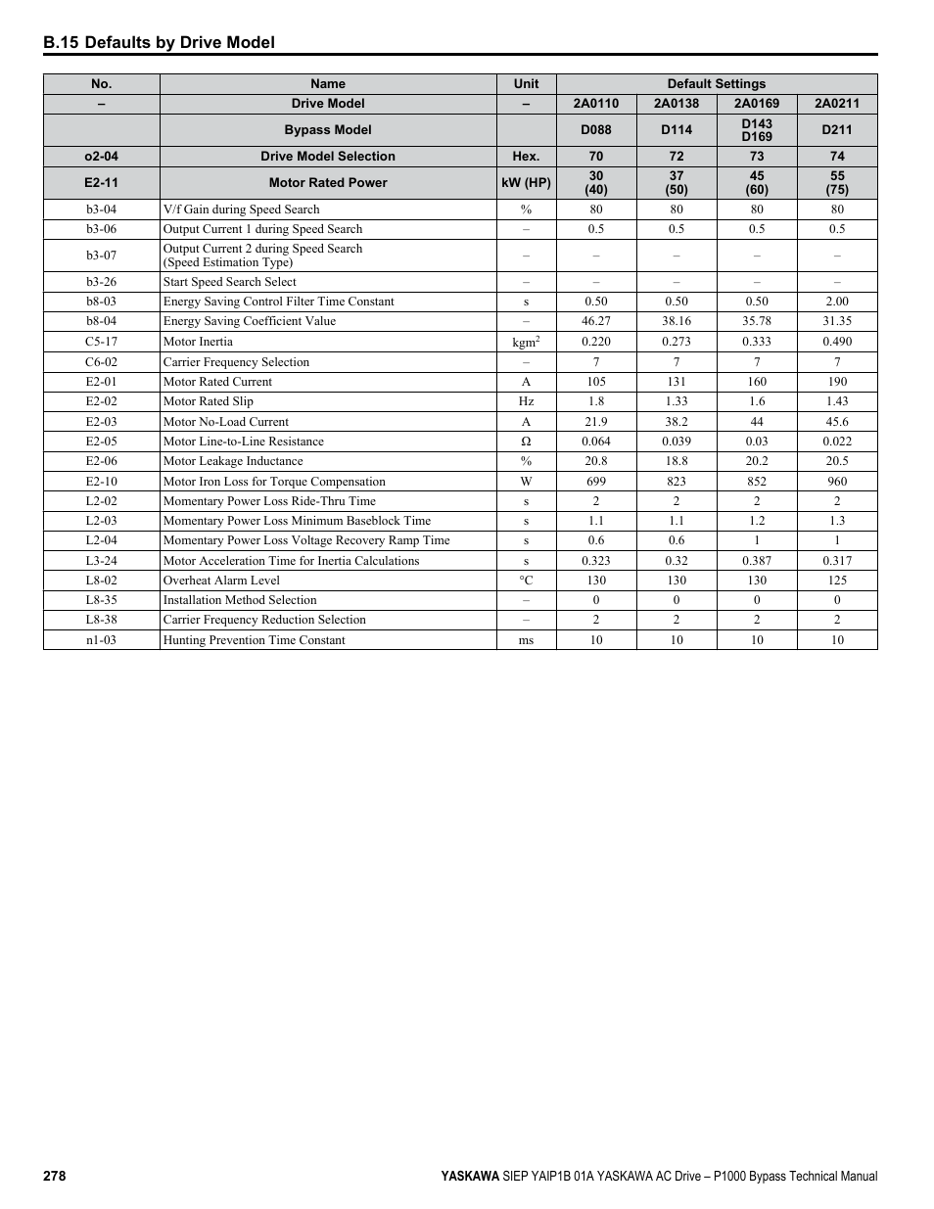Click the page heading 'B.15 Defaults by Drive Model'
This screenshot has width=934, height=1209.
(159, 42)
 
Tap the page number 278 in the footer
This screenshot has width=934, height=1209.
(54, 1176)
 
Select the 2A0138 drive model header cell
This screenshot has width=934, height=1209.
(677, 104)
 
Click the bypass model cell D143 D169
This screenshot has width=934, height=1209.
(757, 130)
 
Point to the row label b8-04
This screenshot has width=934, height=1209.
(101, 321)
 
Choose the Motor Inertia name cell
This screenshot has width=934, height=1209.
(198, 342)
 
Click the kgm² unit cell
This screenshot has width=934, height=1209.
(526, 343)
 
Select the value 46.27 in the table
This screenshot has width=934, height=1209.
(596, 321)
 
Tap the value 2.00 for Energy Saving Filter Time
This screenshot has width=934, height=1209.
(837, 302)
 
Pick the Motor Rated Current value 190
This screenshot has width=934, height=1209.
(837, 382)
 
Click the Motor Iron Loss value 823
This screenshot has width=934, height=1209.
(677, 482)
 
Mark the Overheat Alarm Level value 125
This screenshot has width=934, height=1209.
(837, 581)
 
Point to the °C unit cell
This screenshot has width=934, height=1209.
(526, 581)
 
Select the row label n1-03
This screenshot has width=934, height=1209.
(101, 640)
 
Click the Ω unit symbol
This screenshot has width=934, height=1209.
(526, 442)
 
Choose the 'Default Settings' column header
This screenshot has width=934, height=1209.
(717, 84)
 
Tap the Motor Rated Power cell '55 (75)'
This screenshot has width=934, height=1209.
(837, 183)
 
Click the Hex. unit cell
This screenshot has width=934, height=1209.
(526, 157)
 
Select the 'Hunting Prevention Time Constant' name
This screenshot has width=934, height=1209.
(255, 640)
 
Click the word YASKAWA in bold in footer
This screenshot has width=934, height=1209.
(469, 1176)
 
